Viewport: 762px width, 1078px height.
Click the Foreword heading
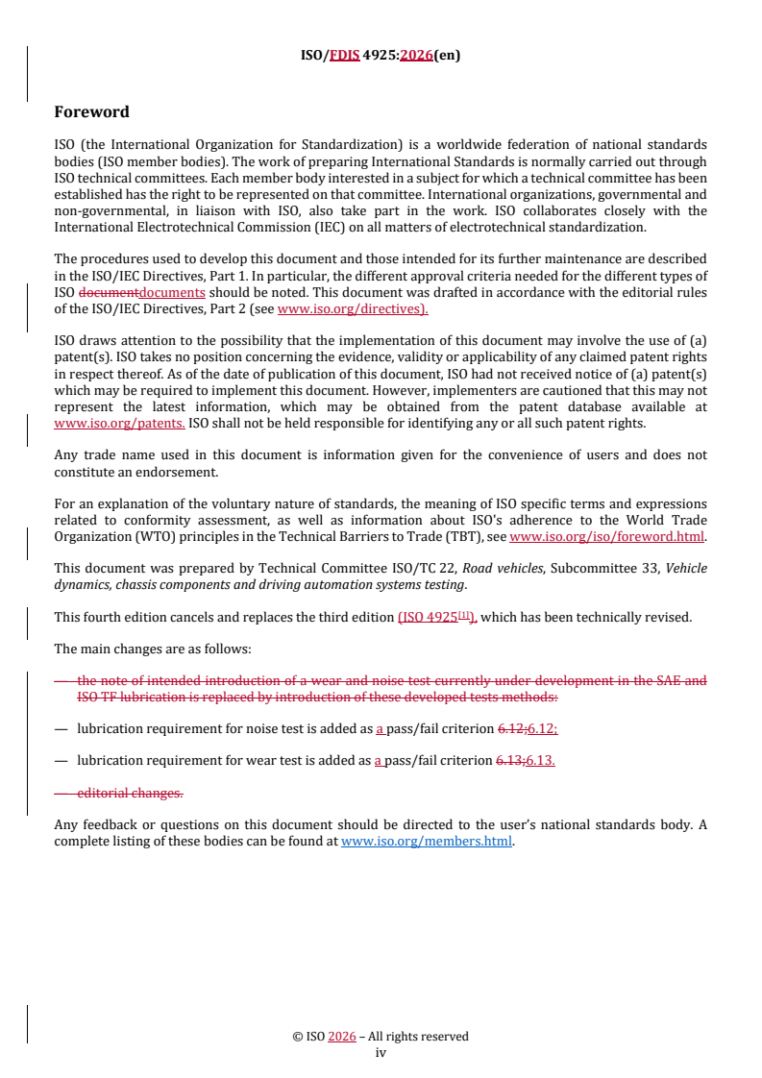coord(91,112)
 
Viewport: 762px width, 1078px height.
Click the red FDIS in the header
coord(345,56)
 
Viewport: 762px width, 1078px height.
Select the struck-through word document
coord(108,293)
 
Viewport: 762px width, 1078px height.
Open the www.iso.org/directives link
coord(352,309)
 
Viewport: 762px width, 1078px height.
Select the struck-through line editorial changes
coord(130,793)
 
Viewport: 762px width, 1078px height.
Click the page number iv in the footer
coord(381,1052)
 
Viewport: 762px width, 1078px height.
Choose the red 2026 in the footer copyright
coord(342,1037)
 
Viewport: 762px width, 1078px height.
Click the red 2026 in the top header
coord(414,56)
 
